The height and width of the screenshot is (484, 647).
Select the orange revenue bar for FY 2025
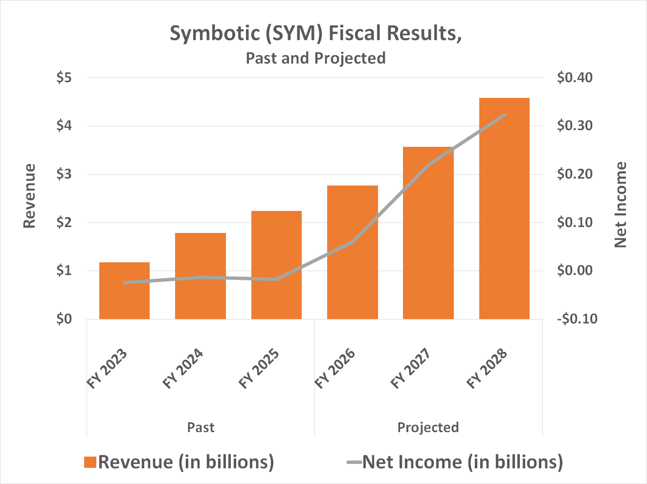click(x=276, y=265)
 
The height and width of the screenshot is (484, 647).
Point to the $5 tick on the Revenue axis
click(x=64, y=78)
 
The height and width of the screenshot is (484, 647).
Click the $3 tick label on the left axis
click(x=64, y=174)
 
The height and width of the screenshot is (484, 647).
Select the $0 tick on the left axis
click(x=64, y=319)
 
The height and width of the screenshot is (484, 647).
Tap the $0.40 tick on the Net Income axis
click(x=574, y=78)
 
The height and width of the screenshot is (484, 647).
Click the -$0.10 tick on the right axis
click(x=577, y=319)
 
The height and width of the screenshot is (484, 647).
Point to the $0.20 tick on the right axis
click(x=574, y=174)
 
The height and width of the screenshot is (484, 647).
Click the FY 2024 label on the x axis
click(x=183, y=369)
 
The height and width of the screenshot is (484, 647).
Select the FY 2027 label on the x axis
click(x=411, y=369)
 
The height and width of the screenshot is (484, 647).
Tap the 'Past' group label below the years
click(x=201, y=427)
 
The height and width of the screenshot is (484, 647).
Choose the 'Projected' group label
click(x=428, y=427)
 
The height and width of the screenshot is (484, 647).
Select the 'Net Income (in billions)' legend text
click(x=462, y=462)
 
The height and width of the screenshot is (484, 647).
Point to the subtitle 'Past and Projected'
click(x=315, y=58)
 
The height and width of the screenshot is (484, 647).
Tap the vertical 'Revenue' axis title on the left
click(x=30, y=196)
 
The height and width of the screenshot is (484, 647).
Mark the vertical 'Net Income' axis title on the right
click(x=620, y=205)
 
